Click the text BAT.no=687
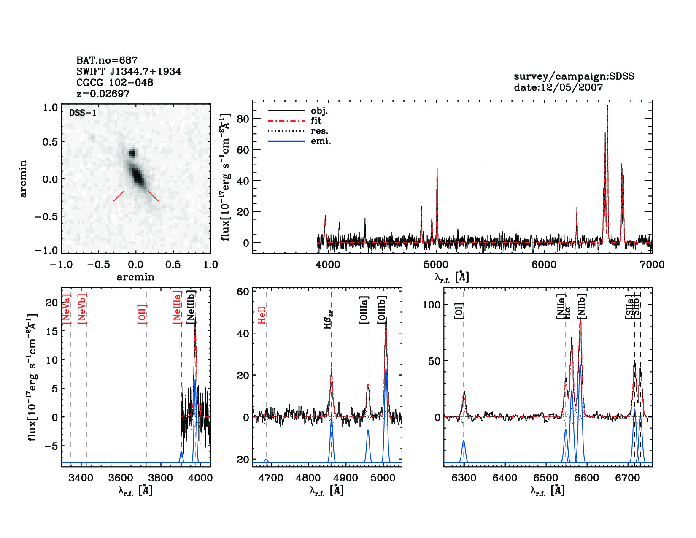(x=107, y=60)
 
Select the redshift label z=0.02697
(x=103, y=94)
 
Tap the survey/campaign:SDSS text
(x=574, y=76)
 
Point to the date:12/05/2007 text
(x=558, y=87)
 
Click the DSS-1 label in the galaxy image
(x=83, y=113)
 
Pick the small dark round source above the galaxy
(x=133, y=153)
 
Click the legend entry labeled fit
(x=316, y=121)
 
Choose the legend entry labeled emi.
(x=321, y=141)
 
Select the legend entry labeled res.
(x=319, y=131)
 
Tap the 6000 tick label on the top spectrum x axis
(x=544, y=265)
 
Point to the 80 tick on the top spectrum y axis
(x=243, y=119)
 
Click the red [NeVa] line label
(x=66, y=309)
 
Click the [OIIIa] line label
(x=364, y=310)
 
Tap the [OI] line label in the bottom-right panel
(x=459, y=311)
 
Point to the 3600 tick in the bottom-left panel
(x=121, y=478)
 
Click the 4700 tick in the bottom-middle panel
(x=270, y=478)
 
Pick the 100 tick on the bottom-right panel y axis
(x=432, y=305)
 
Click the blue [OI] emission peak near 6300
(x=464, y=441)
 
